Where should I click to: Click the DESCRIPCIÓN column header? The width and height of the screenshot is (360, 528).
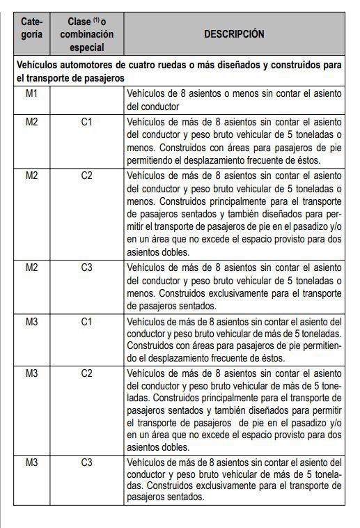pos(234,33)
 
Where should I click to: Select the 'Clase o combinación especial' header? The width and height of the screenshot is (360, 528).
pos(86,34)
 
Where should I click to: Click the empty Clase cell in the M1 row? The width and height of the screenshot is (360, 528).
pos(86,100)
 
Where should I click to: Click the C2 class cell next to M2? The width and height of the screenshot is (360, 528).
pos(86,176)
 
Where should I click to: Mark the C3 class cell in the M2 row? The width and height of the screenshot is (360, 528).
pos(86,267)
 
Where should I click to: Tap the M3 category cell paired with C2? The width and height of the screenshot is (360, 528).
pos(31,374)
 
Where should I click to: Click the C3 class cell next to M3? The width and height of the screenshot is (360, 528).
pos(86,462)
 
